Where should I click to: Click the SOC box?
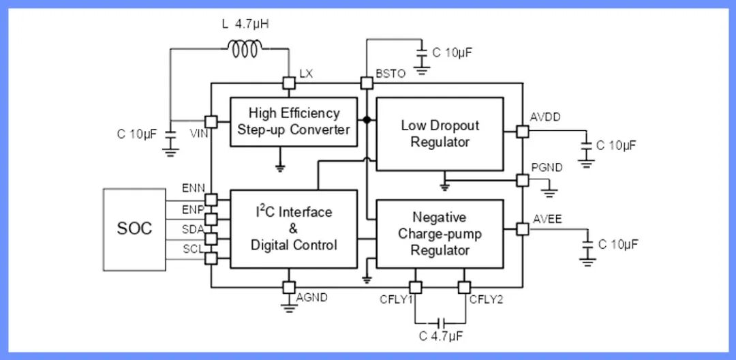coord(134,228)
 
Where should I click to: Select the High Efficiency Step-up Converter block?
coord(294,121)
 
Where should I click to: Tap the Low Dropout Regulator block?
coord(440,134)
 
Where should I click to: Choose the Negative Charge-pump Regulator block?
coord(440,234)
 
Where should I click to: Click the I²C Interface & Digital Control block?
coord(294,228)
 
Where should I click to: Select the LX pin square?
coord(289,83)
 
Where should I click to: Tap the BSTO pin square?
coord(367,83)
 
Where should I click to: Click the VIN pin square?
coord(211,121)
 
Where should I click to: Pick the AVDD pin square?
coord(523,131)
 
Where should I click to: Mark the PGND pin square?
coord(523,180)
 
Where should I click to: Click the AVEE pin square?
coord(523,229)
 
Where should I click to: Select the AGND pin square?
coord(289,288)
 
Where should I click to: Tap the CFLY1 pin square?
coord(414,288)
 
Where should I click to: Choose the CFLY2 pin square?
coord(465,288)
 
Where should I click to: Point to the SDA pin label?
coord(193,229)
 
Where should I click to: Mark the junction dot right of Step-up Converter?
coord(367,120)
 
